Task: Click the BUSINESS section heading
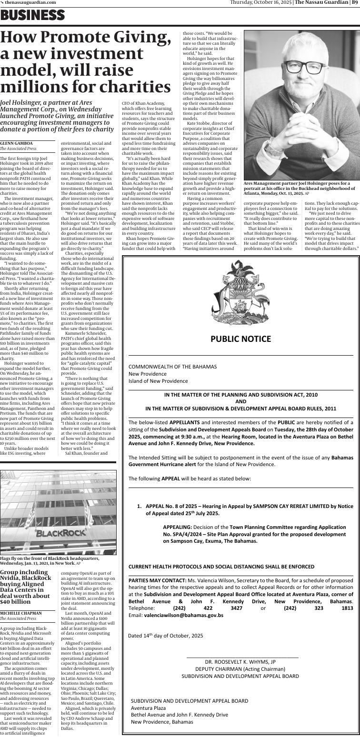point(32,16)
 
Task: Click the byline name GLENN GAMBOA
point(16,143)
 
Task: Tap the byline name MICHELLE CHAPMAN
point(20,612)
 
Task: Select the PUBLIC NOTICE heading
point(240,339)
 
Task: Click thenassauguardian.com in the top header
point(30,2)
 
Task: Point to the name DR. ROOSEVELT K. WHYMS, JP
point(240,662)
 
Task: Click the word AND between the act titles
point(240,401)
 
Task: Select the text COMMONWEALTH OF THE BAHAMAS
point(172,367)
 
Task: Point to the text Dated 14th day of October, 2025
point(165,636)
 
